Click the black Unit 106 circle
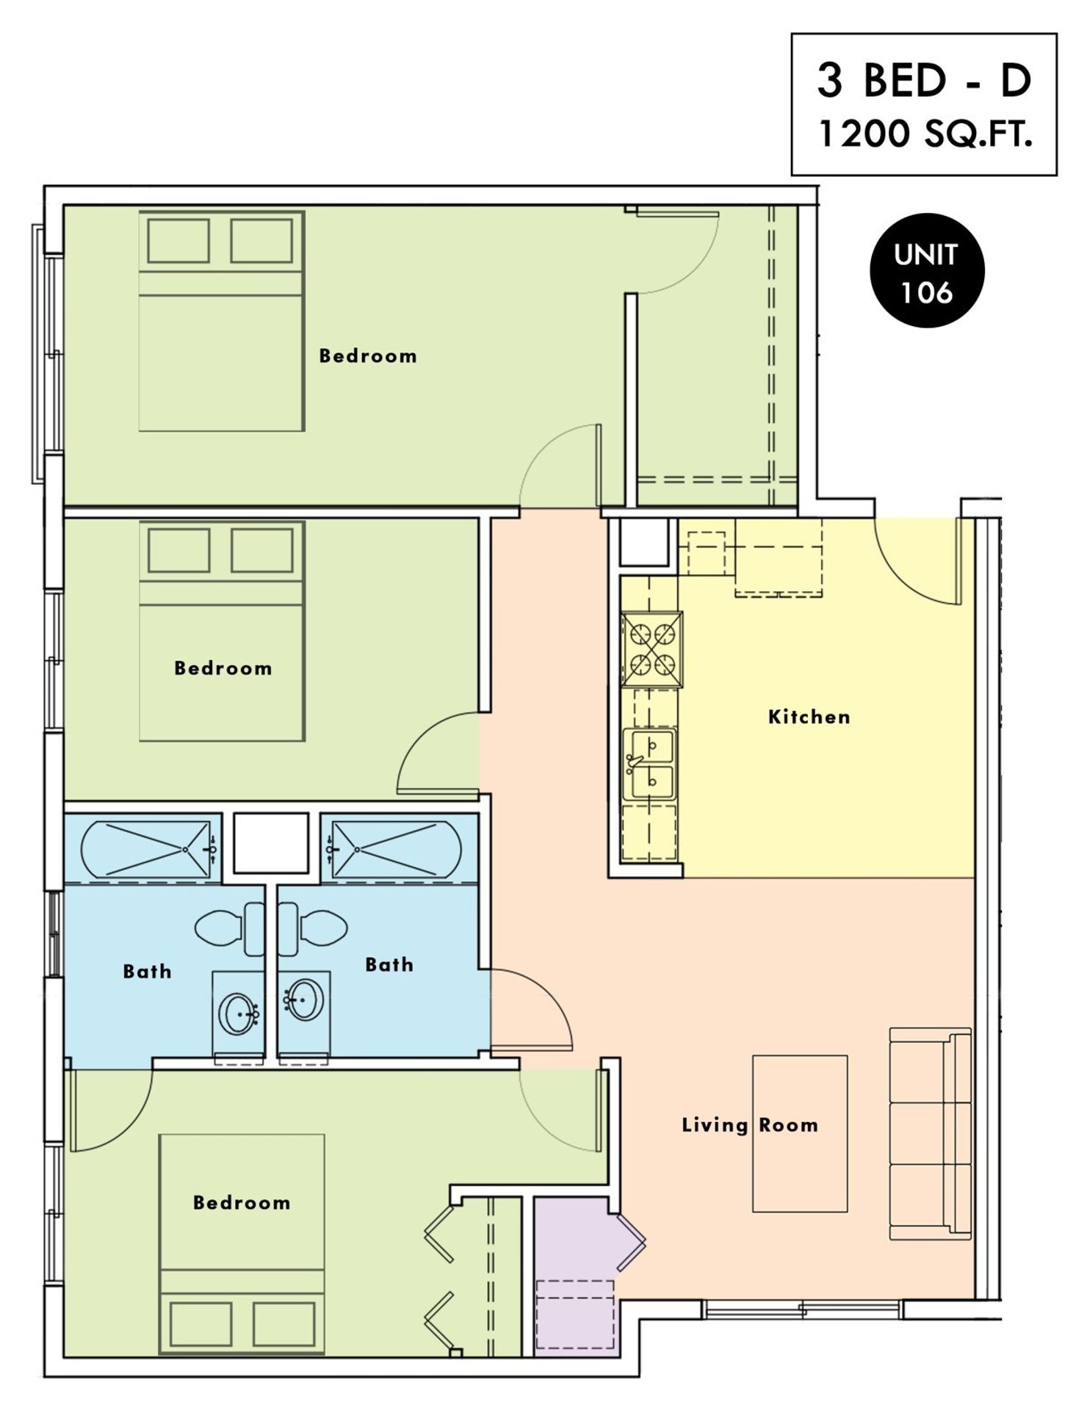coord(927,271)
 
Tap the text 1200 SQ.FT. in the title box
coord(925,135)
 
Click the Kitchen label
coord(809,717)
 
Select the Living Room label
coord(750,1125)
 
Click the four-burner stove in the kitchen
coord(652,649)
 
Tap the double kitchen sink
coord(649,764)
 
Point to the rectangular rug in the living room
coord(800,1134)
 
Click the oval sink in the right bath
coord(303,999)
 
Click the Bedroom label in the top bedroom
coord(368,356)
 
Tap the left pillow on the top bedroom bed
coord(178,241)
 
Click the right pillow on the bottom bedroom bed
coord(284,1325)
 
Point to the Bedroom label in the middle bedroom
coord(223,668)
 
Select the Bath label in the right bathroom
coord(389,964)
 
